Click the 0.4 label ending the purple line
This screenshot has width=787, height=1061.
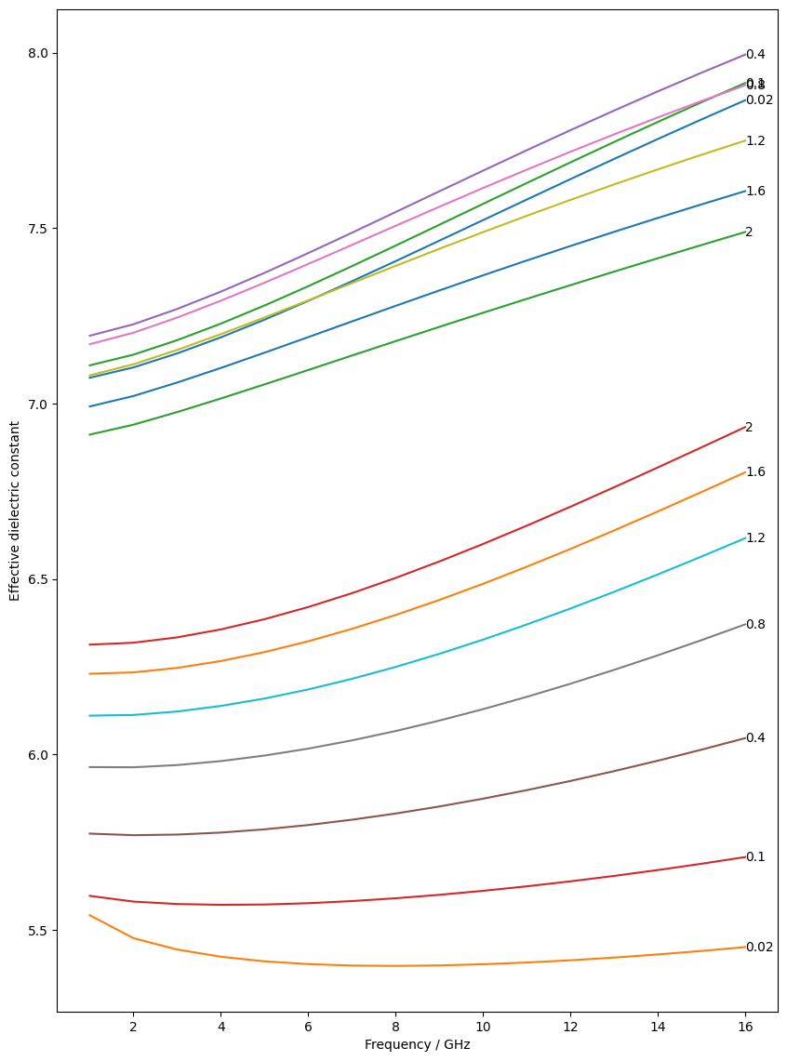pyautogui.click(x=755, y=55)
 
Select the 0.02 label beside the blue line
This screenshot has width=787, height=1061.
pyautogui.click(x=759, y=100)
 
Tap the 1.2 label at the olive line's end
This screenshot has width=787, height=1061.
pyautogui.click(x=755, y=141)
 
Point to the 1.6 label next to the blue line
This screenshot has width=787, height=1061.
pyautogui.click(x=755, y=192)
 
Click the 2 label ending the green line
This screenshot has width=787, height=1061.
pyautogui.click(x=749, y=232)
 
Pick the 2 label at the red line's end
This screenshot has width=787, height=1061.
pyautogui.click(x=749, y=428)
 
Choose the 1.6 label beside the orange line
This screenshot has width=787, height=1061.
pyautogui.click(x=755, y=472)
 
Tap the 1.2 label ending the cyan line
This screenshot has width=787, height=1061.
pyautogui.click(x=755, y=538)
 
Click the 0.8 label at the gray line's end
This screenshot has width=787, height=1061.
pyautogui.click(x=755, y=625)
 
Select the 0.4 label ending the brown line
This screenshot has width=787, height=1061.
pyautogui.click(x=755, y=738)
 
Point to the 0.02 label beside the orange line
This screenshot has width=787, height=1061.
pyautogui.click(x=759, y=948)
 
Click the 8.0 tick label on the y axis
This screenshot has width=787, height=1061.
pyautogui.click(x=37, y=54)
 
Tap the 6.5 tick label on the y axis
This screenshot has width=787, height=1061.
pyautogui.click(x=37, y=580)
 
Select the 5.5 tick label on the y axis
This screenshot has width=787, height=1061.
pyautogui.click(x=37, y=931)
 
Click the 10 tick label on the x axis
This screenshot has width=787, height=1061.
pyautogui.click(x=483, y=1028)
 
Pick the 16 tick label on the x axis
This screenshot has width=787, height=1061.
pyautogui.click(x=745, y=1028)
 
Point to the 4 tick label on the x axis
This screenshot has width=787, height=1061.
pyautogui.click(x=220, y=1028)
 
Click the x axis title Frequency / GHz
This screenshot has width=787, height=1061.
pyautogui.click(x=417, y=1045)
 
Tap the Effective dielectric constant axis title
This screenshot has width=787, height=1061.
pyautogui.click(x=15, y=511)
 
